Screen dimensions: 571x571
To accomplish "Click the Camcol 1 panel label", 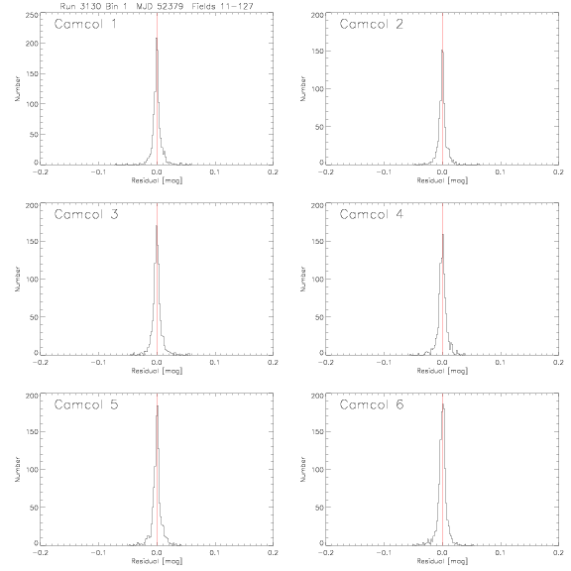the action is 85,24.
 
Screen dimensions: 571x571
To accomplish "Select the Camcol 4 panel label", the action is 371,214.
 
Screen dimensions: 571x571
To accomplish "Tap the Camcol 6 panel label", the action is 372,404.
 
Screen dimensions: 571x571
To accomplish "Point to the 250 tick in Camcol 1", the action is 32,15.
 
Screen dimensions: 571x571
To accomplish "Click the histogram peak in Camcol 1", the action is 157,38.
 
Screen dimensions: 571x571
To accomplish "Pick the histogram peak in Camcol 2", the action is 442,51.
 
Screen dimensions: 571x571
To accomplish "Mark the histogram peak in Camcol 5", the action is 158,406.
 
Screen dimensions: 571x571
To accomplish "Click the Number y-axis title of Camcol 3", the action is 17,279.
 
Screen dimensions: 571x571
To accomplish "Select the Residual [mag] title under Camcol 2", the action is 442,180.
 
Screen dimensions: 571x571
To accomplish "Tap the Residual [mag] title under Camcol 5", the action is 157,561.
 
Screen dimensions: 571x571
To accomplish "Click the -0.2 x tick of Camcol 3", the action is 40,363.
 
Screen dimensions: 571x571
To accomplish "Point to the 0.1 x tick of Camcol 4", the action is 501,363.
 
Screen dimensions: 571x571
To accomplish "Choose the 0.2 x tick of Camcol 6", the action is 558,553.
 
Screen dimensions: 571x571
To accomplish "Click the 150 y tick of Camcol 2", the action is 317,51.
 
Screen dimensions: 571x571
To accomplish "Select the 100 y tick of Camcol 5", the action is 32,470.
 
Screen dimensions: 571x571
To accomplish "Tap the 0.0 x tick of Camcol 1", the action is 157,171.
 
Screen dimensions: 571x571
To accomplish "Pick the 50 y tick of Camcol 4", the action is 320,317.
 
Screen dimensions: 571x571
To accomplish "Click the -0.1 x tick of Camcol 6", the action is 384,553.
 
